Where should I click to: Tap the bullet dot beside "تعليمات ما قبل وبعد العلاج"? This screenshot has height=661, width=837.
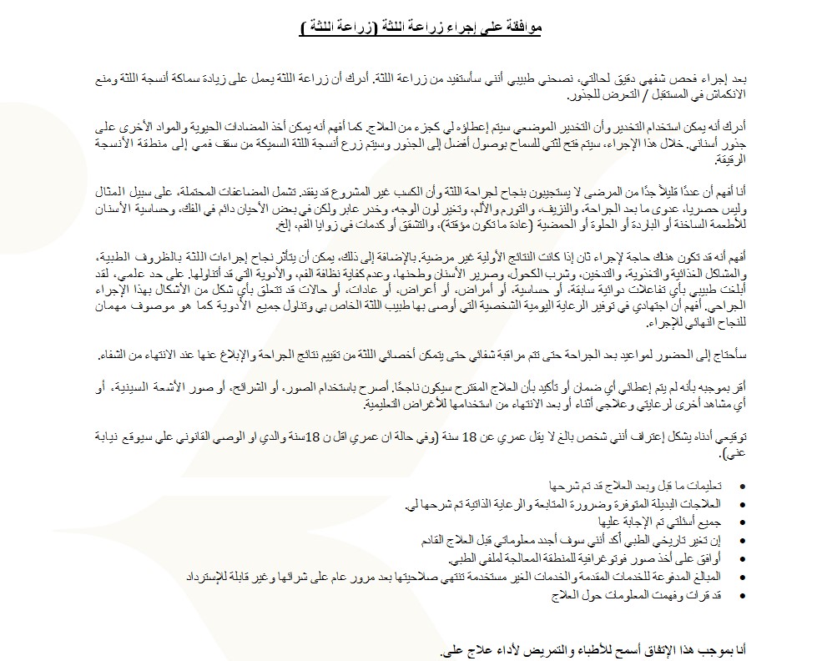point(743,485)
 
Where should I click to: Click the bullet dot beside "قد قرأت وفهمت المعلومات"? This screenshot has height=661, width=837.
point(743,595)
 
